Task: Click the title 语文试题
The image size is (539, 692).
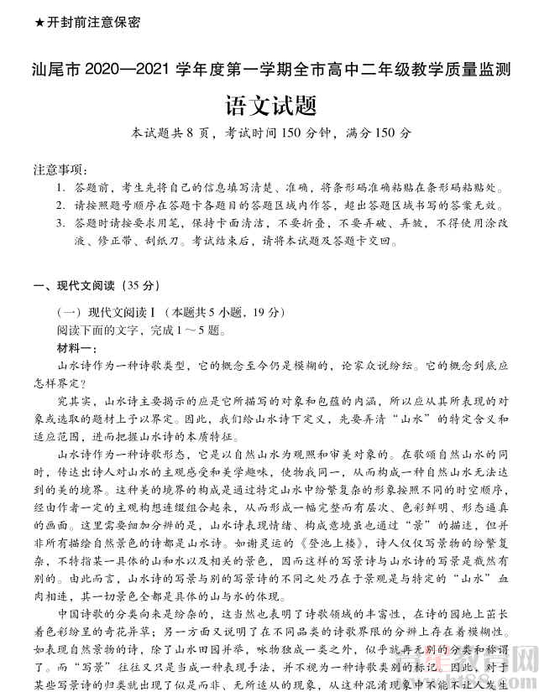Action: [x=269, y=106]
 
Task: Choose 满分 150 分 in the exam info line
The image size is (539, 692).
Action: [x=378, y=133]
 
